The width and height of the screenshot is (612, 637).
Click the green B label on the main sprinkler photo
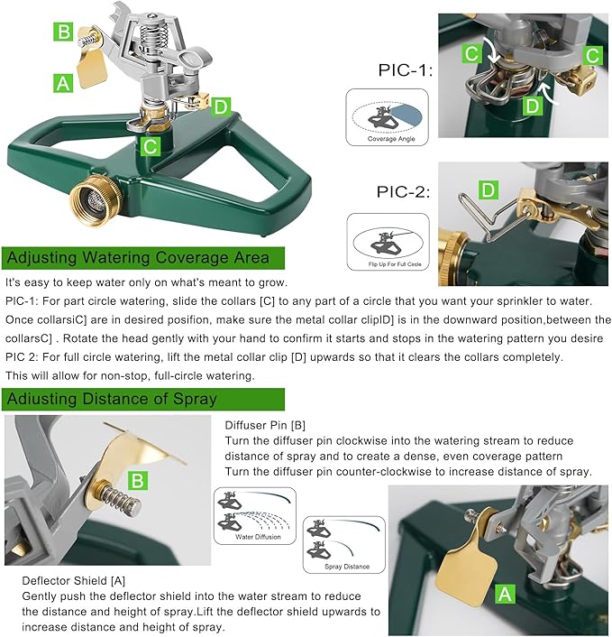click(63, 32)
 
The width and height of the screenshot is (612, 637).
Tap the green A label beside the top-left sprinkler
click(62, 84)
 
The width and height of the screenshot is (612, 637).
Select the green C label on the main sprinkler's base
click(151, 143)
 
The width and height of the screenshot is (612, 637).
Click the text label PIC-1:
click(404, 70)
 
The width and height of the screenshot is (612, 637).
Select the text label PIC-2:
click(404, 191)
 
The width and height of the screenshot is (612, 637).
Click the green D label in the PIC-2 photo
click(489, 189)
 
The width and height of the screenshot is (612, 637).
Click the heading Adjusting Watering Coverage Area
click(138, 258)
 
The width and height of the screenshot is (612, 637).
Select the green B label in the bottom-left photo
click(135, 480)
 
